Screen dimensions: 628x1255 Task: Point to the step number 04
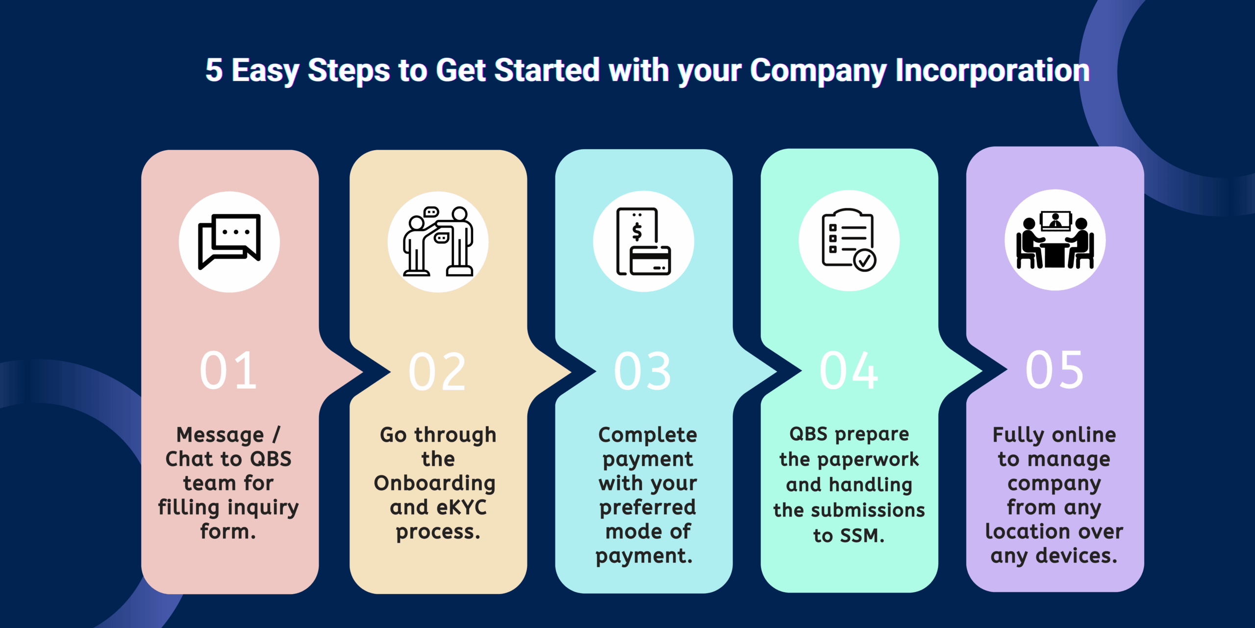pyautogui.click(x=849, y=371)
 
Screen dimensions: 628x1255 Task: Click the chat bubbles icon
pyautogui.click(x=229, y=241)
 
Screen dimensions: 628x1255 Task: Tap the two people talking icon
pyautogui.click(x=438, y=241)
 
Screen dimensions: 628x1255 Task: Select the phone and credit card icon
pyautogui.click(x=643, y=241)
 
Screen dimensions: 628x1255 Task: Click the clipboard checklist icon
pyautogui.click(x=849, y=240)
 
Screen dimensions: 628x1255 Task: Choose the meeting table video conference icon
pyautogui.click(x=1055, y=240)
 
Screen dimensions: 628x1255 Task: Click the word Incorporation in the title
pyautogui.click(x=992, y=70)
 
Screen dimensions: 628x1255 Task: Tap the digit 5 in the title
pyautogui.click(x=214, y=70)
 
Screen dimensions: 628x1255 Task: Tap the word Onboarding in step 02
pyautogui.click(x=435, y=484)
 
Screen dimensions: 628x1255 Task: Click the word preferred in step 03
pyautogui.click(x=648, y=508)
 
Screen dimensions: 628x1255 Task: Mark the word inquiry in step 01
pyautogui.click(x=263, y=508)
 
